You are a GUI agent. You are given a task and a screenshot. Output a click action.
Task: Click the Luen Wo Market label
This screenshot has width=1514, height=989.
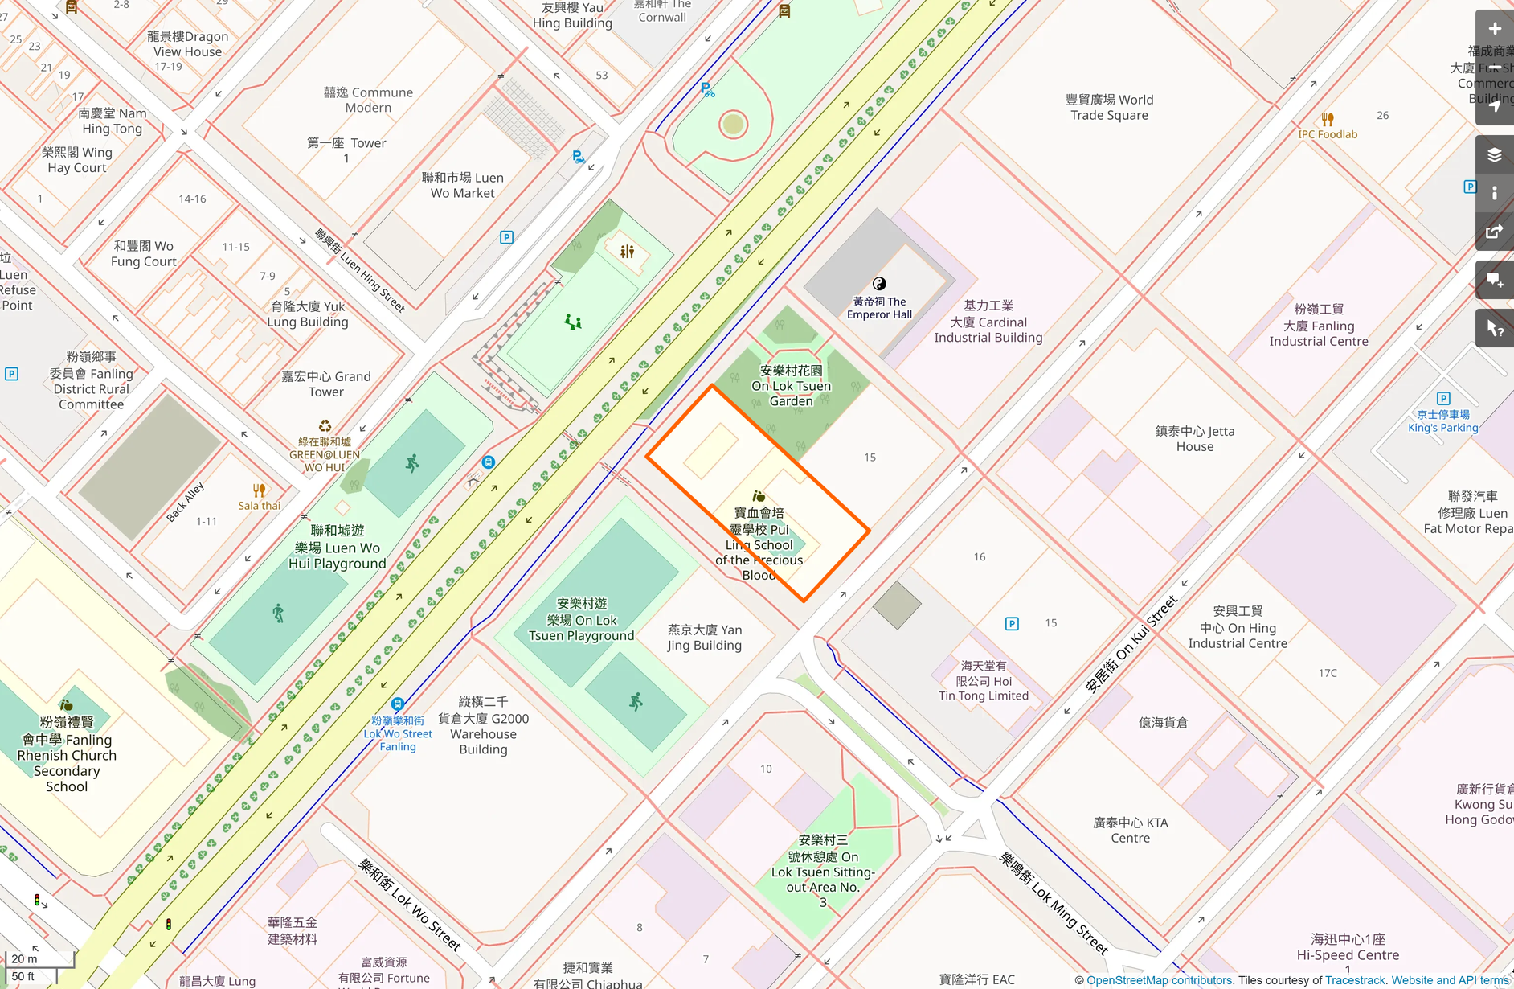click(x=462, y=185)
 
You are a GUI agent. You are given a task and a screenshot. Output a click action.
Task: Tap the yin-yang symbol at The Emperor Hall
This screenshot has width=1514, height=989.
click(x=879, y=283)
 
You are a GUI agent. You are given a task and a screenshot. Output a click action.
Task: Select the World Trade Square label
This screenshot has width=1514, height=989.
click(x=1109, y=107)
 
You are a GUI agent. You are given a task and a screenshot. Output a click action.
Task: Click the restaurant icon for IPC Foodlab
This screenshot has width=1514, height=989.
click(x=1328, y=119)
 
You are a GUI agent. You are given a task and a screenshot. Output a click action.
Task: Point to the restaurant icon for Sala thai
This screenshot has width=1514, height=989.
click(x=259, y=490)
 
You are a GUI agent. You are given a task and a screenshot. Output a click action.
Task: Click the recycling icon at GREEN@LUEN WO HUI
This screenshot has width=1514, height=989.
click(x=325, y=426)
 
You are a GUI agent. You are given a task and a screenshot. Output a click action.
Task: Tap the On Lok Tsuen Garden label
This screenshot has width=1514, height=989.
click(x=791, y=386)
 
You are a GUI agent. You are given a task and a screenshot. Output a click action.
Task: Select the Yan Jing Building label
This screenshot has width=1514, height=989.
click(x=705, y=638)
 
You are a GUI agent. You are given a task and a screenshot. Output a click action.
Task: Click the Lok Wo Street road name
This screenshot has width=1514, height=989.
click(x=411, y=905)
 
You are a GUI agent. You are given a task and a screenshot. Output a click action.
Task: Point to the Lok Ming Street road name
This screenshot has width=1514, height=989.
click(x=1054, y=903)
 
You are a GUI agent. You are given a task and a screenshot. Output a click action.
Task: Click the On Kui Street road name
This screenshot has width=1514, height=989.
click(x=1131, y=644)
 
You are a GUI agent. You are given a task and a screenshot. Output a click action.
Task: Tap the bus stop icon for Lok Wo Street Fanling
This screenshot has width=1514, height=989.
click(x=397, y=704)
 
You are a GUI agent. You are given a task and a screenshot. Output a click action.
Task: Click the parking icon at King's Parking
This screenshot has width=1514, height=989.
click(x=1443, y=399)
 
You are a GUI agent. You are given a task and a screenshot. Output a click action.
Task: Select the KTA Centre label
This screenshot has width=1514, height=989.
click(x=1130, y=830)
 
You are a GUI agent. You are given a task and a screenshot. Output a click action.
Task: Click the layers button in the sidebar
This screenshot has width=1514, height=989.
click(x=1494, y=155)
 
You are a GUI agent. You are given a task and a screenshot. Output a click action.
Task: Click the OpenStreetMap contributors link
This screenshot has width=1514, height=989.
click(x=1159, y=980)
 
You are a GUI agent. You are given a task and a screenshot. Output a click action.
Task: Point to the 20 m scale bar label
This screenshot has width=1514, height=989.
click(x=24, y=958)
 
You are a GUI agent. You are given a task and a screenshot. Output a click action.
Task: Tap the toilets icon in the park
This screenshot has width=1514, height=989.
click(x=627, y=252)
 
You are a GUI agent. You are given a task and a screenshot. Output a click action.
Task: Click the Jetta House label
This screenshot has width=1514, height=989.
click(x=1194, y=439)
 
